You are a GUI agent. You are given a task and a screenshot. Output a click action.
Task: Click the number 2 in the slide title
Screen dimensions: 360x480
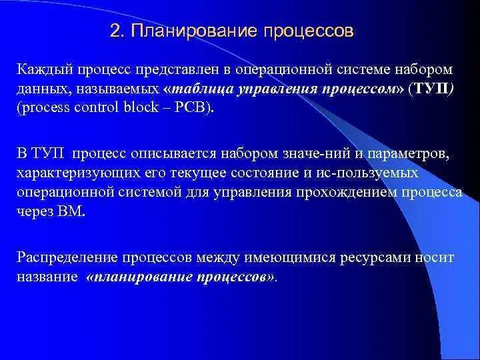tap(115, 32)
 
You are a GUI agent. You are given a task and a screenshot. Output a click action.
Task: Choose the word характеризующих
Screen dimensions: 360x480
tap(75, 174)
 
